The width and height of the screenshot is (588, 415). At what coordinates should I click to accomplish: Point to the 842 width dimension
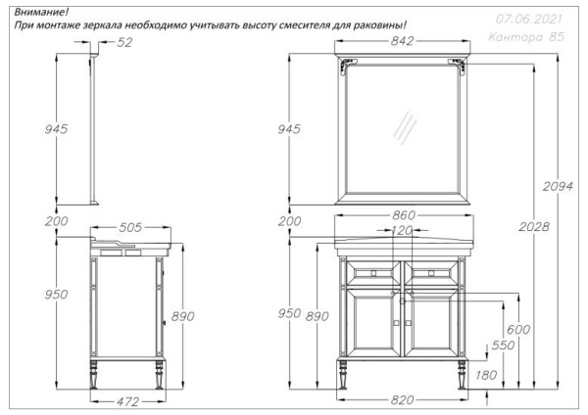click(x=402, y=41)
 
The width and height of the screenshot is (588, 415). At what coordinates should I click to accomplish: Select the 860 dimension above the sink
click(x=404, y=215)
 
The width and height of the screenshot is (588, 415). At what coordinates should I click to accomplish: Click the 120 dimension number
click(x=403, y=231)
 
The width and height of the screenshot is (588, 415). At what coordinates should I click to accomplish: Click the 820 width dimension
click(x=403, y=401)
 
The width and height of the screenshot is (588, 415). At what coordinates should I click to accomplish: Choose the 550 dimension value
click(x=502, y=346)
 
